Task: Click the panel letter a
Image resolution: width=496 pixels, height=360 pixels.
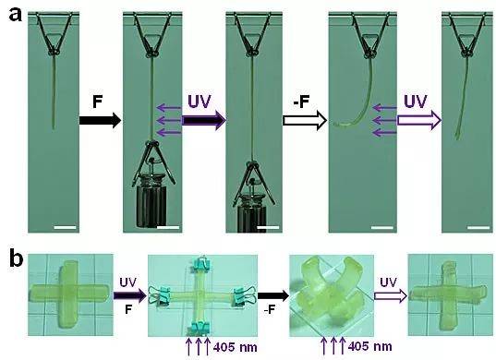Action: (15, 15)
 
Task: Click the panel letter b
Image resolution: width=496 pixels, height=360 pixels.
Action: (16, 258)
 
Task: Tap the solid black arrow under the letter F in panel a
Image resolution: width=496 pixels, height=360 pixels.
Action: (100, 120)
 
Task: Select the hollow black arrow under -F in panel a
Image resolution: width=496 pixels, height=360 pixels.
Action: (304, 120)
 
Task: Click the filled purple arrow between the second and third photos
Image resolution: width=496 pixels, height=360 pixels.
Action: (204, 120)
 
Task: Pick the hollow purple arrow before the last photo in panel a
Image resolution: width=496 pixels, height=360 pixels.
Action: (418, 120)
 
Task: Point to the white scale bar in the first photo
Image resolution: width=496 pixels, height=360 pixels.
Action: (66, 227)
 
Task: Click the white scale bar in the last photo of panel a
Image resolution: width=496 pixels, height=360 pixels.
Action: (478, 227)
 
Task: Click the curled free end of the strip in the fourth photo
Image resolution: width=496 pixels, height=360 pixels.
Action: (338, 125)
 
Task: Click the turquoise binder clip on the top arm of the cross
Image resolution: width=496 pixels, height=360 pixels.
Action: (200, 265)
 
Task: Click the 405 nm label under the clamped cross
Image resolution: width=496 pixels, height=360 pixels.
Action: (235, 347)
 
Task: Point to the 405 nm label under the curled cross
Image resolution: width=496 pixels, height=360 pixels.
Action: (369, 346)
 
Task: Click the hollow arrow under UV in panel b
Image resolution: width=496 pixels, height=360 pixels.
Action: (391, 295)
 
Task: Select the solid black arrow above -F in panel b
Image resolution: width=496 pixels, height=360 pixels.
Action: (273, 295)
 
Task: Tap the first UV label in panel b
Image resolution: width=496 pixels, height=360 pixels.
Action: (128, 282)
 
